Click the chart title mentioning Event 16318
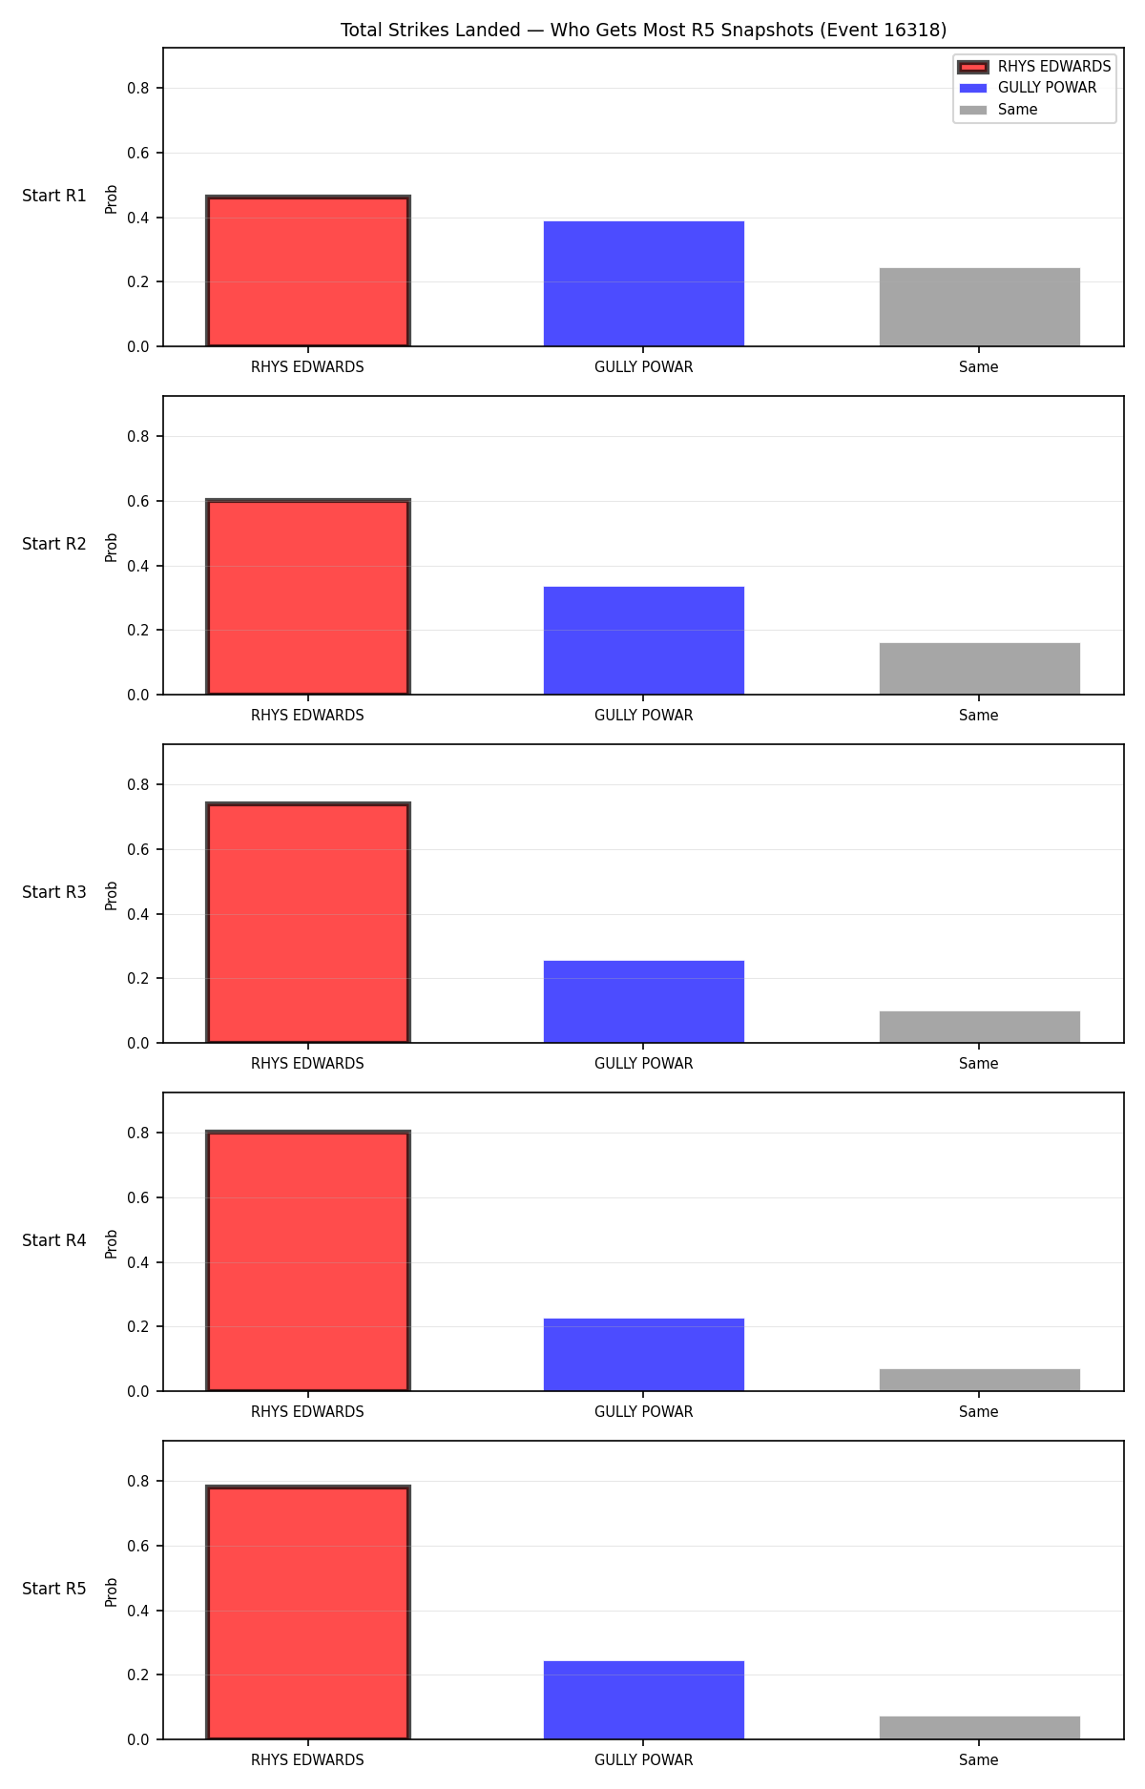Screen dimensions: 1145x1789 tap(643, 31)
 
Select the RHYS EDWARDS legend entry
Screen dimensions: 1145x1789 tap(1034, 67)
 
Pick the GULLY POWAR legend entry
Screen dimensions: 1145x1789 tap(1028, 88)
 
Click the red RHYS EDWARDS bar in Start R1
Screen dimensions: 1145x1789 tap(308, 271)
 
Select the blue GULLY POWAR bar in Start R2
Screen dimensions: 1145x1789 tap(644, 640)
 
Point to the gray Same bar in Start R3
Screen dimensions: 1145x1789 tap(980, 1027)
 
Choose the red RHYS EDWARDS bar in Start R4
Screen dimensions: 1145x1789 tap(308, 1261)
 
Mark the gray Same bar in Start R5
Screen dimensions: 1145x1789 tap(980, 1728)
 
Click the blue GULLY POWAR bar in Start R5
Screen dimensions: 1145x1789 tap(644, 1700)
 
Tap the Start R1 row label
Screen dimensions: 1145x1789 tap(54, 196)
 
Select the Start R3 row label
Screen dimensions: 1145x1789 tap(54, 892)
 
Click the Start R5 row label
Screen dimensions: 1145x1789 tap(54, 1589)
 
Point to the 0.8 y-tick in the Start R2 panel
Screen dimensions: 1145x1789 tap(138, 437)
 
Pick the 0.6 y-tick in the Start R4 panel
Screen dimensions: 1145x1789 tap(138, 1198)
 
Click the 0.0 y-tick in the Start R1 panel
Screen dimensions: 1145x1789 tap(138, 347)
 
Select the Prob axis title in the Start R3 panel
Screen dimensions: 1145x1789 tap(112, 895)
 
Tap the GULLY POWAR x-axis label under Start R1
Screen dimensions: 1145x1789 tap(644, 367)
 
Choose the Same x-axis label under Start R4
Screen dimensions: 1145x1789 tap(979, 1412)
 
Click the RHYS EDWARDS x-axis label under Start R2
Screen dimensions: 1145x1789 tap(307, 716)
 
